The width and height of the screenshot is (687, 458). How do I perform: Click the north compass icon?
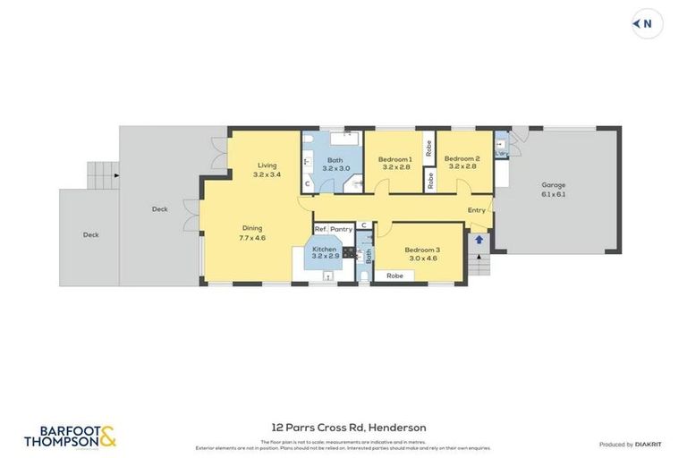[x=647, y=24]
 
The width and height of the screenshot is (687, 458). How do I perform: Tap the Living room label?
[x=267, y=165]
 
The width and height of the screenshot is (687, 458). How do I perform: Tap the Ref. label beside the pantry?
[x=321, y=229]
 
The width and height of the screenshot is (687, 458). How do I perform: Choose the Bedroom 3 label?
[x=421, y=250]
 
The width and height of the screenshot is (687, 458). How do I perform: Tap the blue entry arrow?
[x=479, y=239]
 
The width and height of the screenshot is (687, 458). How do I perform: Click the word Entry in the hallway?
[x=476, y=210]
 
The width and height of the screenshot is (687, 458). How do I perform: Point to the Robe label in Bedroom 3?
[x=394, y=276]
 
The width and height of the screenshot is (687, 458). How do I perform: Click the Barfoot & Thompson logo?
[x=70, y=436]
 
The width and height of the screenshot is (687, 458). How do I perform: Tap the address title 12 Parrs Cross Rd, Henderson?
[x=348, y=428]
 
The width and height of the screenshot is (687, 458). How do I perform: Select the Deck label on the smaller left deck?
[x=90, y=235]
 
